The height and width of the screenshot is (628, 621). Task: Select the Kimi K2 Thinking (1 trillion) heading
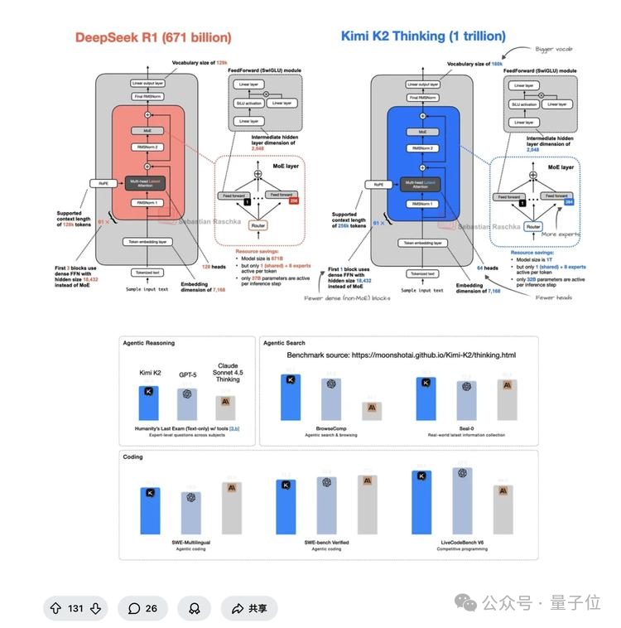[423, 36]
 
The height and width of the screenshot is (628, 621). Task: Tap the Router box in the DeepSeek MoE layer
[258, 225]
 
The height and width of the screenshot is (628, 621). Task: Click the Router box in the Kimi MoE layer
[533, 225]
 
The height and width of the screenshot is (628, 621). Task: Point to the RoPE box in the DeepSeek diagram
[101, 185]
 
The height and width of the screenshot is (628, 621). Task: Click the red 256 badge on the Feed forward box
[292, 200]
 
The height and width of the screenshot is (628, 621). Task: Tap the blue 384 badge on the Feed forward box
[568, 200]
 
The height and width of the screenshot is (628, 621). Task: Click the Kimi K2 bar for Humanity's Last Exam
[149, 402]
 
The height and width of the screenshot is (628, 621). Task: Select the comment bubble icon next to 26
[134, 608]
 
